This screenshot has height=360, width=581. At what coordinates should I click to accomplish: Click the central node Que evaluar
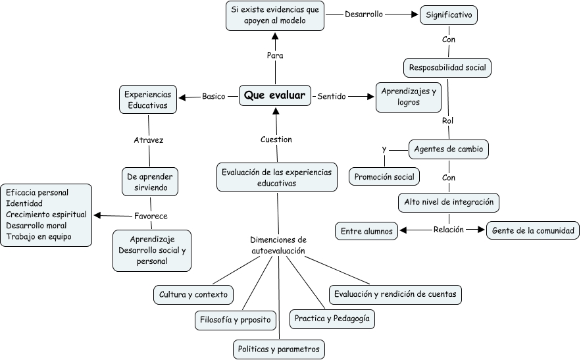(274, 96)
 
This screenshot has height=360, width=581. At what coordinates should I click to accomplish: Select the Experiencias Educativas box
(148, 99)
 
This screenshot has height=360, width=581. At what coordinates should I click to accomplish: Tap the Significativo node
(449, 14)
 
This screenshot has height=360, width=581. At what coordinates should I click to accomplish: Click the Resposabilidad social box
(447, 68)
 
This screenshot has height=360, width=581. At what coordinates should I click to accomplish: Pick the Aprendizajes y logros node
(409, 97)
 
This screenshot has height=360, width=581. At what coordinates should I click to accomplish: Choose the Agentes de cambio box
(448, 149)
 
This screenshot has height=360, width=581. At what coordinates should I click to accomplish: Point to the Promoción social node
(384, 177)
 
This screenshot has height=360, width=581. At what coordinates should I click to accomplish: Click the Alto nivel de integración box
(449, 203)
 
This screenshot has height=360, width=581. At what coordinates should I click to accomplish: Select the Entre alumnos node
(366, 231)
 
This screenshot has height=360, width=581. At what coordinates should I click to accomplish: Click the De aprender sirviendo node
(151, 182)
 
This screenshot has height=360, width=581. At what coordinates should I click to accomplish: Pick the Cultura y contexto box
(193, 295)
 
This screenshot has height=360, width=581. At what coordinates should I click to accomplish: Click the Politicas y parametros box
(279, 349)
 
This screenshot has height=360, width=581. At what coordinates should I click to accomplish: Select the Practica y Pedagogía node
(332, 319)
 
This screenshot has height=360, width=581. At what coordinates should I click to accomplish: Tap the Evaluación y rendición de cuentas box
(395, 294)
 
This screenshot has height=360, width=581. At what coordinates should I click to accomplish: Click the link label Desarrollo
(364, 14)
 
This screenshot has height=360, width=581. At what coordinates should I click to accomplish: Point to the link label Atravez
(149, 140)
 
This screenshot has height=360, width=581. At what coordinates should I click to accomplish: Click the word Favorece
(151, 216)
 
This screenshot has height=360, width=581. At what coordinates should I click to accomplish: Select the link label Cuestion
(276, 140)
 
